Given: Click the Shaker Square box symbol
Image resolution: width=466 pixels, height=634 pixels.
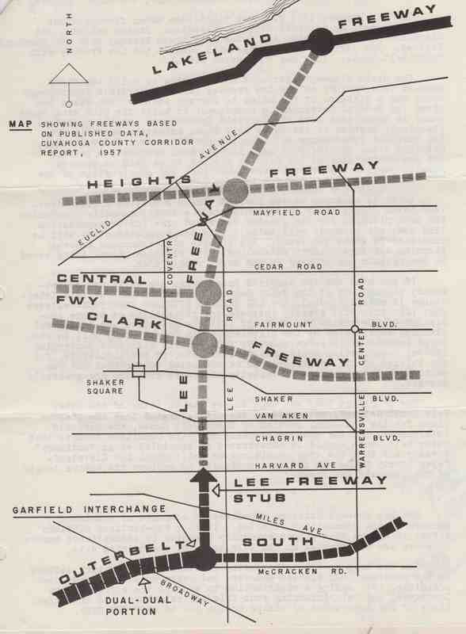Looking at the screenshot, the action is pyautogui.click(x=139, y=371).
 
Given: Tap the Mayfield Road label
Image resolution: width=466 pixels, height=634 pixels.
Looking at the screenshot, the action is pyautogui.click(x=296, y=212).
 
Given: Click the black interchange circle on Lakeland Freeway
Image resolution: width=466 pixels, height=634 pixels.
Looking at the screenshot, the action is pyautogui.click(x=321, y=40).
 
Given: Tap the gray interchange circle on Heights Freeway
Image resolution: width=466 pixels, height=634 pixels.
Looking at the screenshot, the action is pyautogui.click(x=236, y=190).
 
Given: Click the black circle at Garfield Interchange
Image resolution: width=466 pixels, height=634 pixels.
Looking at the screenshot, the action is pyautogui.click(x=204, y=560).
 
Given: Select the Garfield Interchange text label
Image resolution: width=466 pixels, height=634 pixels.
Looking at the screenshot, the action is pyautogui.click(x=90, y=509).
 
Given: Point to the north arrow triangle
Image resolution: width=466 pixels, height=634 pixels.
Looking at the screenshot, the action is pyautogui.click(x=69, y=74).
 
